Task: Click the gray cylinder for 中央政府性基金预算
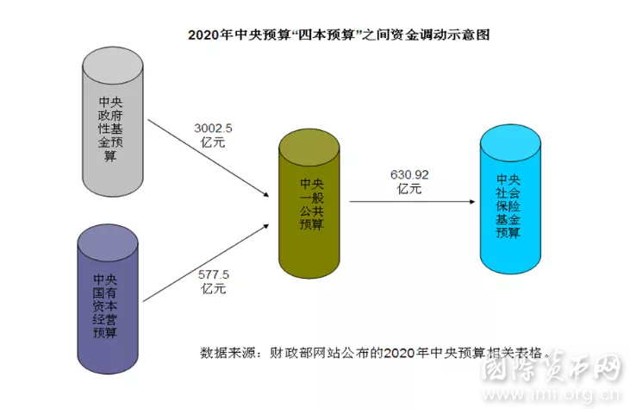113,122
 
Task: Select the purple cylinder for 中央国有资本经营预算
108,299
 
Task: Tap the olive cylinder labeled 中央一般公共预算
309,204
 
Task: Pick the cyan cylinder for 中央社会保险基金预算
510,199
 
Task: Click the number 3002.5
214,129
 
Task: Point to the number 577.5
214,274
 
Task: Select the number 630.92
409,174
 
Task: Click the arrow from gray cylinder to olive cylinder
208,158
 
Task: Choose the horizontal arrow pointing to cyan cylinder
412,201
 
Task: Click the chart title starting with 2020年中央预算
339,35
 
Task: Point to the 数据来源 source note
374,353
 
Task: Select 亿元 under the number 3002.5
213,142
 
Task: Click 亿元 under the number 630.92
409,189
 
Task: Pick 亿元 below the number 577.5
214,288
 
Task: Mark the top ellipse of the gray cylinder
113,66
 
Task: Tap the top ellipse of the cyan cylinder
510,143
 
